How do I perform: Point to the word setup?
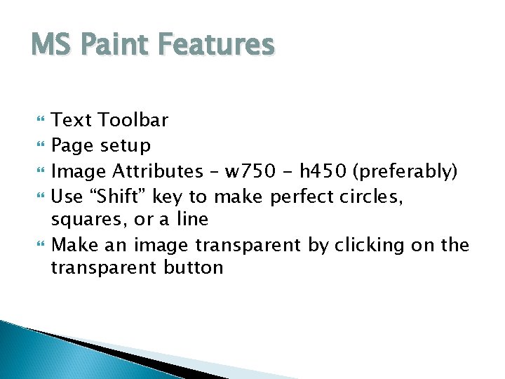pos(126,146)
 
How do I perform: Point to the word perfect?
pos(303,195)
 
